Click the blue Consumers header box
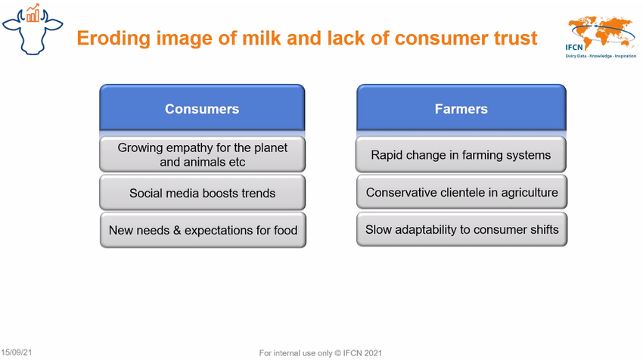pyautogui.click(x=202, y=108)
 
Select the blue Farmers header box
pyautogui.click(x=461, y=108)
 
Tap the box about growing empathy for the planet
pyautogui.click(x=202, y=154)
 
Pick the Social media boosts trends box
pyautogui.click(x=202, y=193)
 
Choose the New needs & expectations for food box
pyautogui.click(x=203, y=230)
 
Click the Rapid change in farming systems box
pyautogui.click(x=461, y=154)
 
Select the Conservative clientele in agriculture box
pyautogui.click(x=461, y=192)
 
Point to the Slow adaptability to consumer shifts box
pyautogui.click(x=461, y=229)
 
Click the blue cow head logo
pyautogui.click(x=33, y=32)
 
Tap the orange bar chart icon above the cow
pyautogui.click(x=33, y=14)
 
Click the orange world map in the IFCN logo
pyautogui.click(x=601, y=31)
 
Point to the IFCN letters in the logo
pyautogui.click(x=574, y=47)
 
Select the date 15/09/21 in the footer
pyautogui.click(x=17, y=352)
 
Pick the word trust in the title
pyautogui.click(x=515, y=38)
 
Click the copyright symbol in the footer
pyautogui.click(x=337, y=353)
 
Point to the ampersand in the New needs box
pyautogui.click(x=177, y=230)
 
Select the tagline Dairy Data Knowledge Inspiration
pyautogui.click(x=601, y=56)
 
